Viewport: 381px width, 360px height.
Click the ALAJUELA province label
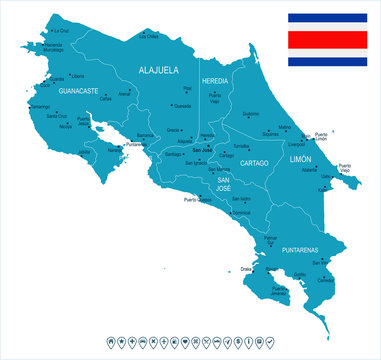[158, 70]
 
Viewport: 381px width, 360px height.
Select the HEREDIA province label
[215, 79]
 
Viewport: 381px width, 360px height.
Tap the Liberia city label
[77, 76]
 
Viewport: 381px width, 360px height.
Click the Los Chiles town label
[149, 36]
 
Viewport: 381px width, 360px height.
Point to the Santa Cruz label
[57, 114]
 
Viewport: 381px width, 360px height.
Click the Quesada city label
[182, 105]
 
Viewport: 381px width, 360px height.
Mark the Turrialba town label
[241, 145]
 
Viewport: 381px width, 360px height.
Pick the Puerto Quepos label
[197, 199]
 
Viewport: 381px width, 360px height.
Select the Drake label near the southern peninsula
[246, 267]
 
